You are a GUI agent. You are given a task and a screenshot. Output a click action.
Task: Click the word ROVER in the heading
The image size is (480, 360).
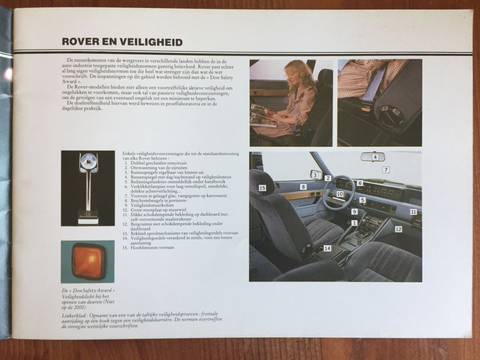point(79,42)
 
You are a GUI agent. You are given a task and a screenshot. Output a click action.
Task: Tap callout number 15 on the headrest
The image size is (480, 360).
point(262,188)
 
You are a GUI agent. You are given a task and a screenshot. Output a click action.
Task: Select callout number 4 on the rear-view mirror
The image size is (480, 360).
point(375,157)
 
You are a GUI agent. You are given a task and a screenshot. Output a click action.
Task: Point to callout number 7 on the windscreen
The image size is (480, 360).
point(386,170)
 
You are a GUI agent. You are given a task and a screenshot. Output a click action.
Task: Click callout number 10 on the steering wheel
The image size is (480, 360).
point(340,194)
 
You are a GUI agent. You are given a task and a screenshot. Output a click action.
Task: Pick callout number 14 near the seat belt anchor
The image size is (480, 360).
point(327,248)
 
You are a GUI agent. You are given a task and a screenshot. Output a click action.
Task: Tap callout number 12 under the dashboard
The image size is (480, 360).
point(398,229)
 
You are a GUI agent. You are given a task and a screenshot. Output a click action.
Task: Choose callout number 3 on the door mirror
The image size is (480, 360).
point(315,175)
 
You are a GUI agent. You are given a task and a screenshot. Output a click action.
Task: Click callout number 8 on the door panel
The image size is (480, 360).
point(303,187)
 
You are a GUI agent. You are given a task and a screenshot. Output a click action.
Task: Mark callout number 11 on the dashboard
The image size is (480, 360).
point(413,212)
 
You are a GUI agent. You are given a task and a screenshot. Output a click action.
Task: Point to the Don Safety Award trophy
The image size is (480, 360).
point(88,188)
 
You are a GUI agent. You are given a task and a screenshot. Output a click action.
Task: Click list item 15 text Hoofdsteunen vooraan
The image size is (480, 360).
point(152,248)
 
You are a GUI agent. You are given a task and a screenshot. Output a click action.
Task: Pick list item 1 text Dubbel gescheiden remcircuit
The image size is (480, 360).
point(158,163)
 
